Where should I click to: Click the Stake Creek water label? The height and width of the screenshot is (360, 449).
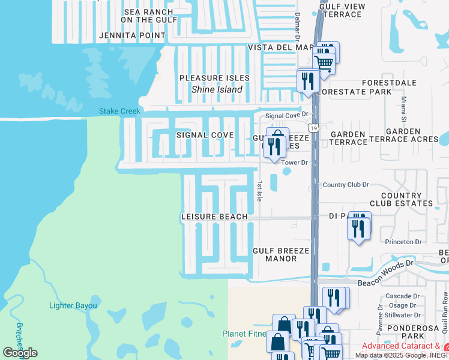(120, 111)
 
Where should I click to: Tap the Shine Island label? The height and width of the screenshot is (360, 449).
(217, 89)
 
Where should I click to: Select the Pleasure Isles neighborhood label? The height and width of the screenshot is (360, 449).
(214, 79)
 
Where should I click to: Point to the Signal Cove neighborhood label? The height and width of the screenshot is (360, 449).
(205, 135)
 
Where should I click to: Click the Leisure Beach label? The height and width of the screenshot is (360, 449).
(215, 217)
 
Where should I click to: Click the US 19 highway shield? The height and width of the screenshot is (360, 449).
(313, 128)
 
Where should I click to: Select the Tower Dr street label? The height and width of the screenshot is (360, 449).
(295, 163)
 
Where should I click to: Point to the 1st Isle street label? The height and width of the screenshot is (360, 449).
(259, 191)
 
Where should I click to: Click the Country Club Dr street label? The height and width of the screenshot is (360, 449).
(345, 185)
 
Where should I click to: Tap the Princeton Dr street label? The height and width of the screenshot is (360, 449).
(403, 242)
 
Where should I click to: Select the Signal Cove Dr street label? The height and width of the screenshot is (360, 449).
(287, 114)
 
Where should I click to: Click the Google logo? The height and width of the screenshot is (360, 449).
(20, 353)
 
